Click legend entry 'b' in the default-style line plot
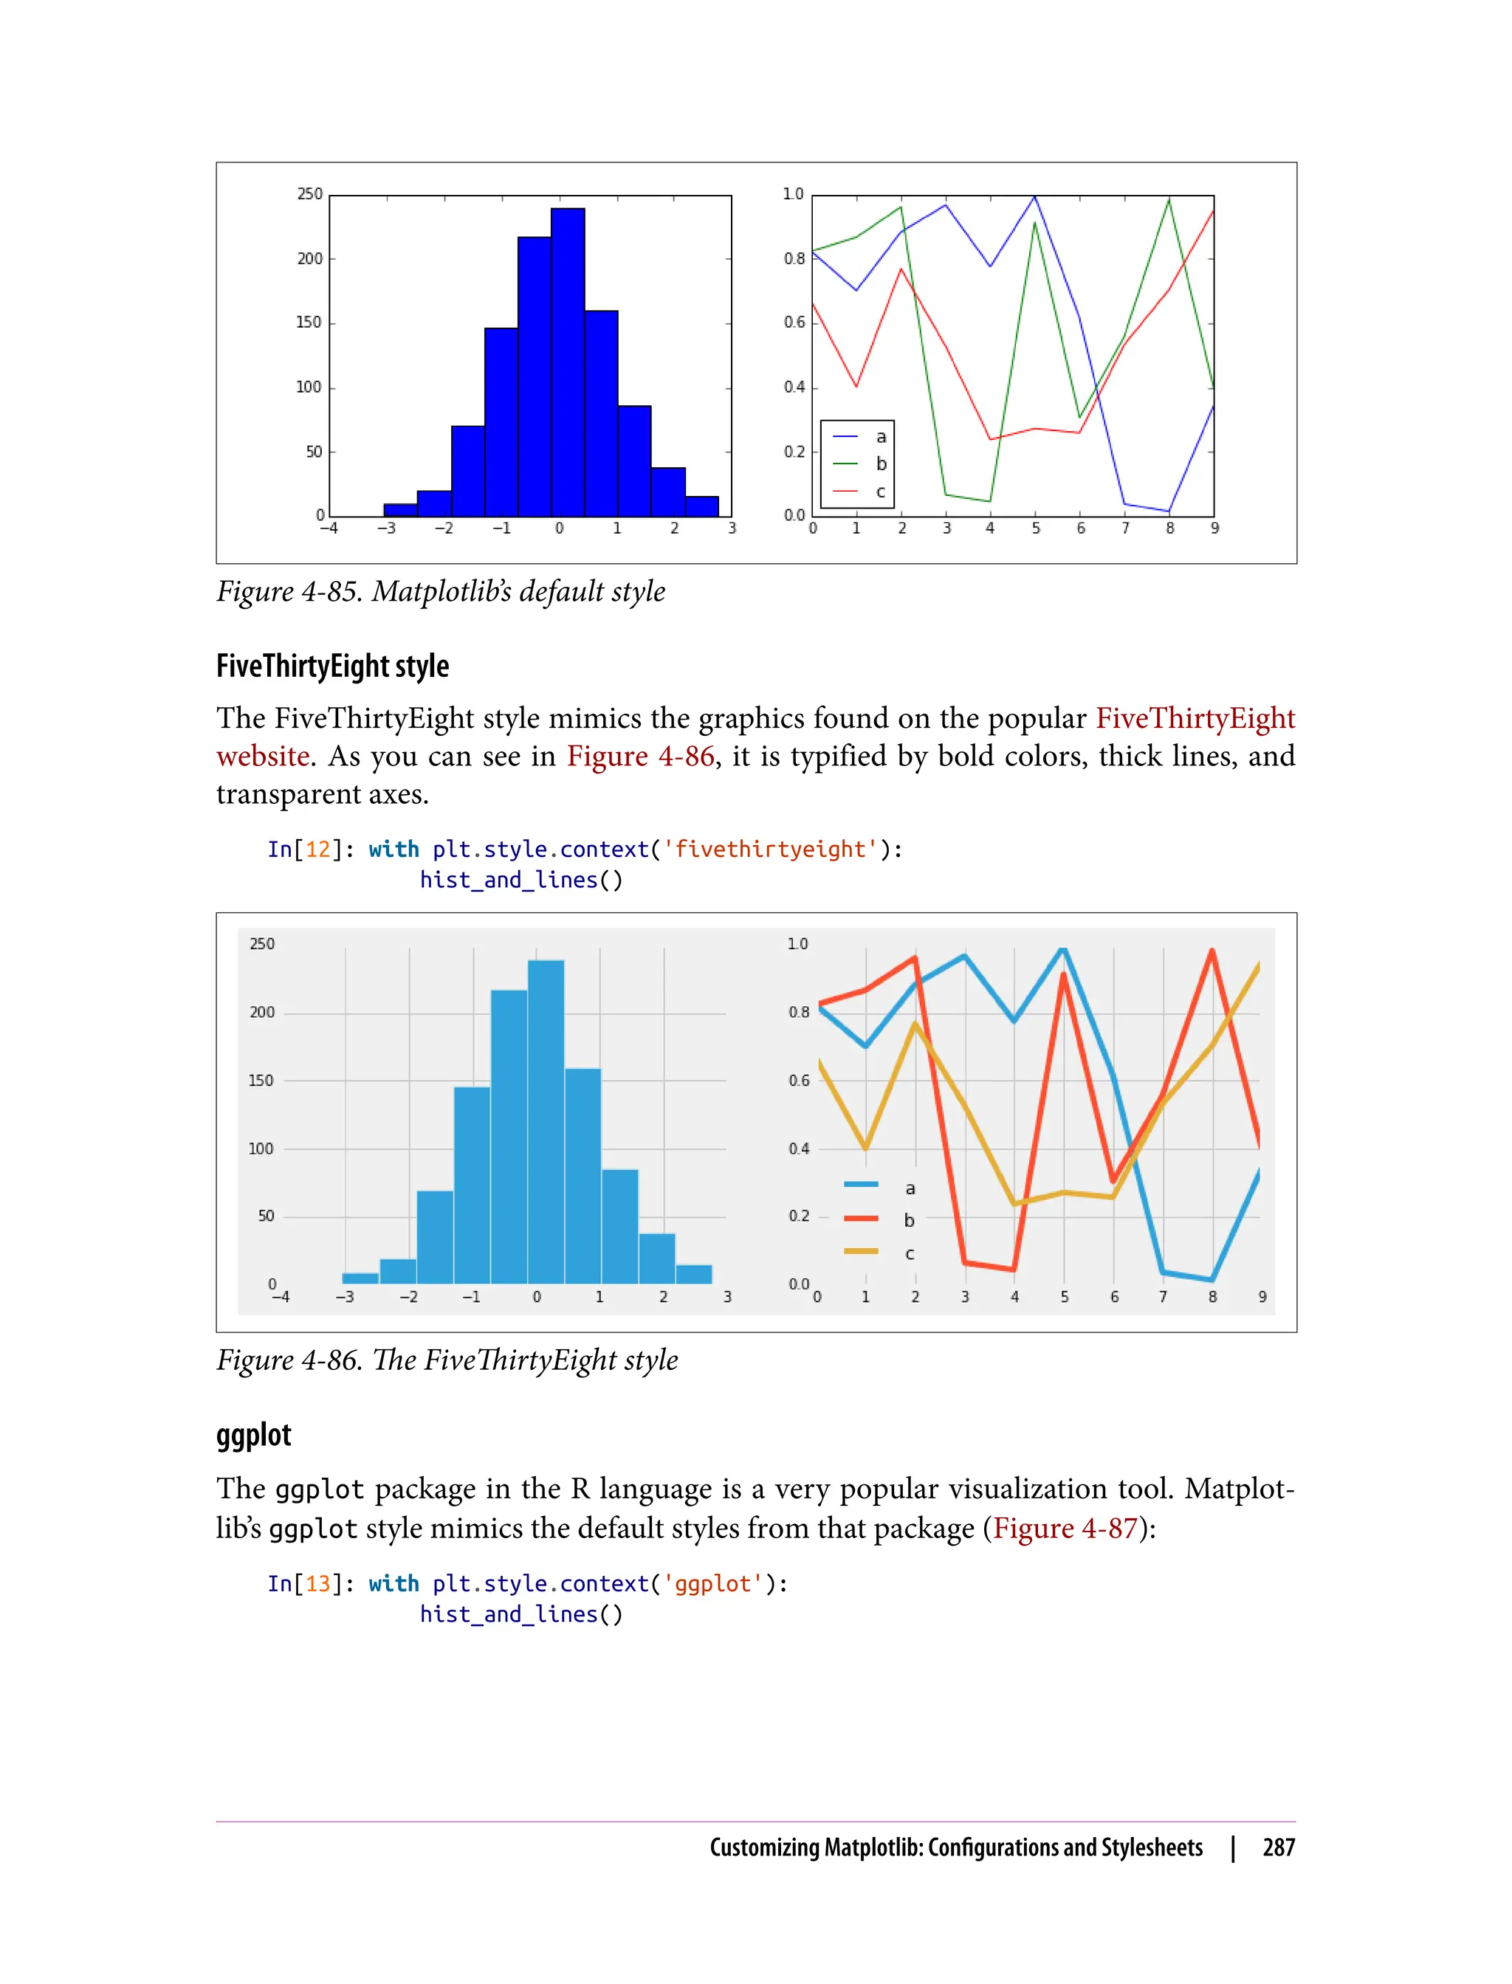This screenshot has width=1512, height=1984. pyautogui.click(x=881, y=464)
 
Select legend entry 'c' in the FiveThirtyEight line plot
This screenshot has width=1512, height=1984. pyautogui.click(x=909, y=1253)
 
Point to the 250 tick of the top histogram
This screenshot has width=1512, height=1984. pyautogui.click(x=309, y=194)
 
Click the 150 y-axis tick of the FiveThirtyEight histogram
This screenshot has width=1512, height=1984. pyautogui.click(x=261, y=1081)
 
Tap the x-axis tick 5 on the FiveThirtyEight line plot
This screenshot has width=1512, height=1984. pyautogui.click(x=1064, y=1298)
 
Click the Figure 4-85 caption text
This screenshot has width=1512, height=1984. pyautogui.click(x=441, y=592)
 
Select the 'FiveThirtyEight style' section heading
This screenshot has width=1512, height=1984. pyautogui.click(x=332, y=666)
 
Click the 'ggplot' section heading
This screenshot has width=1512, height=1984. pyautogui.click(x=254, y=1435)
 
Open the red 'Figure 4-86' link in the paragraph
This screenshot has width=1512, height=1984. pyautogui.click(x=640, y=757)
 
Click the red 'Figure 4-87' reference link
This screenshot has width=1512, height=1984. pyautogui.click(x=1065, y=1529)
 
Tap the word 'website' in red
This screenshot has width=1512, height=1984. pyautogui.click(x=263, y=757)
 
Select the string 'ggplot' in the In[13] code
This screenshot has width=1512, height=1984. pyautogui.click(x=712, y=1584)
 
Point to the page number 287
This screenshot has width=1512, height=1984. pyautogui.click(x=1278, y=1847)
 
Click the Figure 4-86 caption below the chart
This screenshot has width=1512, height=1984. pyautogui.click(x=447, y=1360)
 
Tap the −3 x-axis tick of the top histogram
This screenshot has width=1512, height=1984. pyautogui.click(x=386, y=529)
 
